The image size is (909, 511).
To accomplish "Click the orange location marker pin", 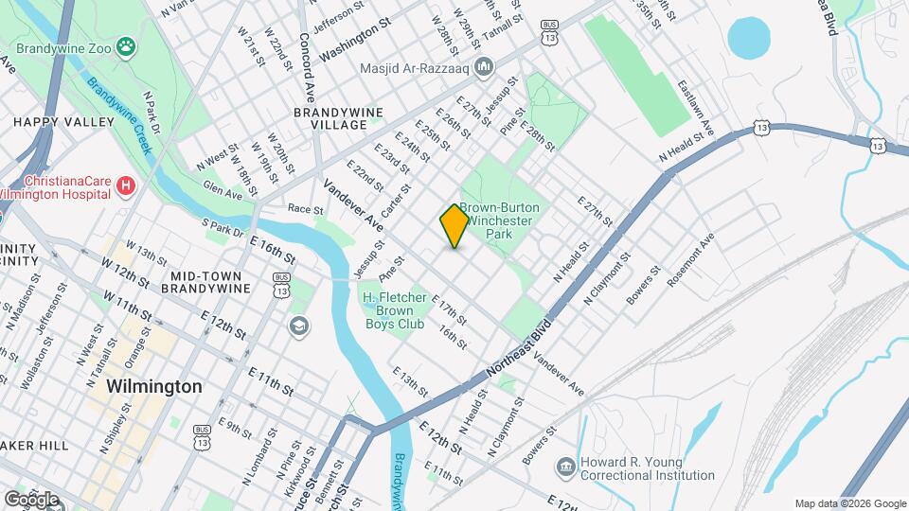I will pyautogui.click(x=454, y=226).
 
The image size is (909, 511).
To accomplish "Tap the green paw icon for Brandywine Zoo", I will pyautogui.click(x=125, y=46).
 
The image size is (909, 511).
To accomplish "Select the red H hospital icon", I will pyautogui.click(x=125, y=186).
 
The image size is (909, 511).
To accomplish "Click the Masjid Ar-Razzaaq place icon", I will pyautogui.click(x=485, y=67).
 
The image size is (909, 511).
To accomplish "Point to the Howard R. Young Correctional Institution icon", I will pyautogui.click(x=565, y=467).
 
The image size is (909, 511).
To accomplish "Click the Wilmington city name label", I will pyautogui.click(x=154, y=387).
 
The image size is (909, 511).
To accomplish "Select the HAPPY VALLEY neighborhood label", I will pyautogui.click(x=62, y=122).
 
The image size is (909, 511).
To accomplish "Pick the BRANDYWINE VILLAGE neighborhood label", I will pyautogui.click(x=338, y=118).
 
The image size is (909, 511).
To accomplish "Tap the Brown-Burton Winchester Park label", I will pyautogui.click(x=498, y=220).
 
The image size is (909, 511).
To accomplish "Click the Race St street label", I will pyautogui.click(x=305, y=208).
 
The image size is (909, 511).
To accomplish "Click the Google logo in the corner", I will pyautogui.click(x=31, y=499).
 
